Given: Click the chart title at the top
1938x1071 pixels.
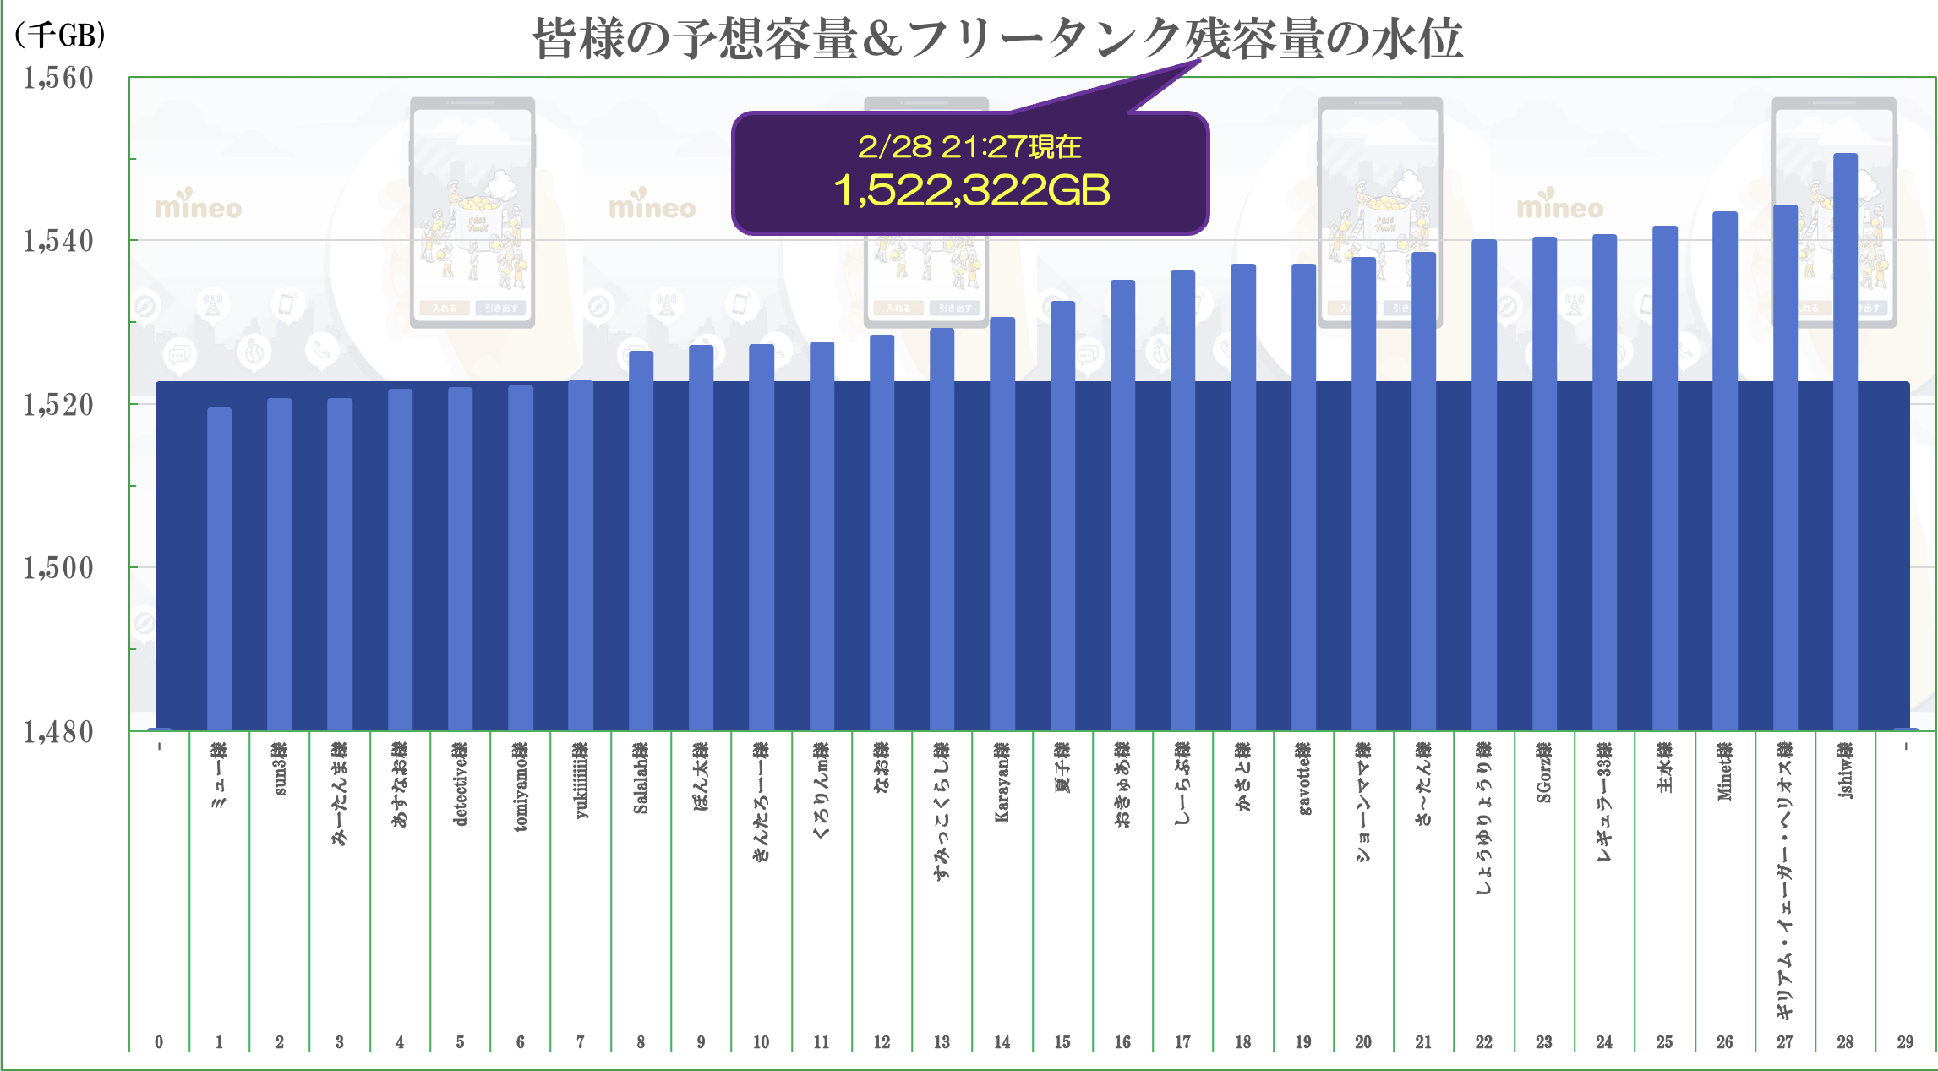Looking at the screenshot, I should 997,39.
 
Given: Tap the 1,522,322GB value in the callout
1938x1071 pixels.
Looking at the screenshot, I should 971,190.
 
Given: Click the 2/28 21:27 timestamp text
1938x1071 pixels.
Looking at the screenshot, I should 969,147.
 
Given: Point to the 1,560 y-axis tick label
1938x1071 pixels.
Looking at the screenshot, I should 58,78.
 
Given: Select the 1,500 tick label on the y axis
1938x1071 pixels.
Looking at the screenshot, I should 58,568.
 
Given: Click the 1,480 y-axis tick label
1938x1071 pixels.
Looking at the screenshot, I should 58,732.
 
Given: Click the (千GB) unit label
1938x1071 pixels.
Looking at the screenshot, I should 59,35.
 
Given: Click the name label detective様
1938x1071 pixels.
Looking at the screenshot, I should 460,784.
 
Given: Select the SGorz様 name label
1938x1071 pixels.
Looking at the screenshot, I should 1544,772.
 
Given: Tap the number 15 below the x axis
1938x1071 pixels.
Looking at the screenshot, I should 1062,1042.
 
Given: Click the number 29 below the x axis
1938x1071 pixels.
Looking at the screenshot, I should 1905,1042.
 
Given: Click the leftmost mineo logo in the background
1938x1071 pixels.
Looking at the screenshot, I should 199,205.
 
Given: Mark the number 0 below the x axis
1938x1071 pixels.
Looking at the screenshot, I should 159,1042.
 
